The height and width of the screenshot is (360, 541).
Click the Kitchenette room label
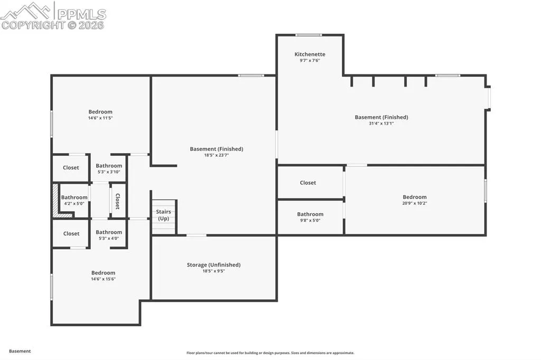tap(310, 54)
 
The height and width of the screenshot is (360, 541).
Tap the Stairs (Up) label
tap(164, 215)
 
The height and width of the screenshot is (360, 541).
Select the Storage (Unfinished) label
tap(213, 265)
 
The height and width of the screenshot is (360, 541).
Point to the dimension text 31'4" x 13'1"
tap(381, 124)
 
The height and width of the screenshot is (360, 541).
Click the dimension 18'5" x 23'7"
tap(216, 155)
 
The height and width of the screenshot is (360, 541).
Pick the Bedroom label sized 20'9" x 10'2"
tap(415, 197)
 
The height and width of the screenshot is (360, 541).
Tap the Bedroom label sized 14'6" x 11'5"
tap(100, 112)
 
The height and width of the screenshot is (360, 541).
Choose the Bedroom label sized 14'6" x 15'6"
tap(103, 273)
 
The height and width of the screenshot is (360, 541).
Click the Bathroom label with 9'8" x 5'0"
tap(310, 214)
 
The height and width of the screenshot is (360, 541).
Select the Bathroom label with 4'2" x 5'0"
tap(74, 197)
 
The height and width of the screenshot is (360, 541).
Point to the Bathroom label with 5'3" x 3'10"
tap(109, 166)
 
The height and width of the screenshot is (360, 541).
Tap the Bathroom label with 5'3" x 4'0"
tap(109, 232)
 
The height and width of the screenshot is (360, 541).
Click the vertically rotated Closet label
tap(117, 201)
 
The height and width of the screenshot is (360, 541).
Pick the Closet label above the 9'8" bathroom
tap(308, 183)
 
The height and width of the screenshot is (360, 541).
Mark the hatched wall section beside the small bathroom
tap(55, 201)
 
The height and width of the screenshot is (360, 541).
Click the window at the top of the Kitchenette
tap(309, 35)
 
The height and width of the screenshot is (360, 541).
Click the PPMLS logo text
tap(81, 14)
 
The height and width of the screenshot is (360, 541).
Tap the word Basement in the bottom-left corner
tap(20, 351)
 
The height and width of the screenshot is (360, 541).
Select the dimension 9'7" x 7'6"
tap(310, 61)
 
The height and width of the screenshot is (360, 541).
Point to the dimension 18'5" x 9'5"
tap(213, 271)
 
